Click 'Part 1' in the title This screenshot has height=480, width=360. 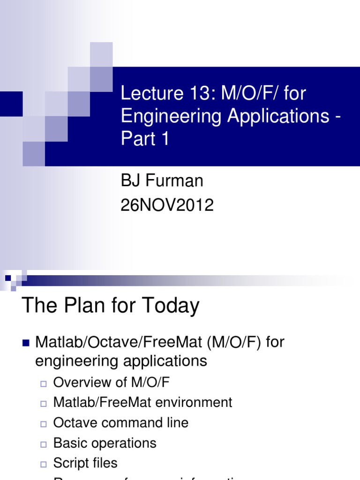pyautogui.click(x=145, y=140)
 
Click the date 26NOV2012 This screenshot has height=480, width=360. pyautogui.click(x=167, y=205)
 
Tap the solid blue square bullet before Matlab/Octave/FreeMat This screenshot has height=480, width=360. pyautogui.click(x=26, y=343)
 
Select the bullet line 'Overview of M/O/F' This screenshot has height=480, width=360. pyautogui.click(x=111, y=382)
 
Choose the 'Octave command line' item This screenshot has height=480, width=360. pyautogui.click(x=120, y=423)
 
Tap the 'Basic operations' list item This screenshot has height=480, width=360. pyautogui.click(x=105, y=443)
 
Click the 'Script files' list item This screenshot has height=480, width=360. pyautogui.click(x=85, y=463)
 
